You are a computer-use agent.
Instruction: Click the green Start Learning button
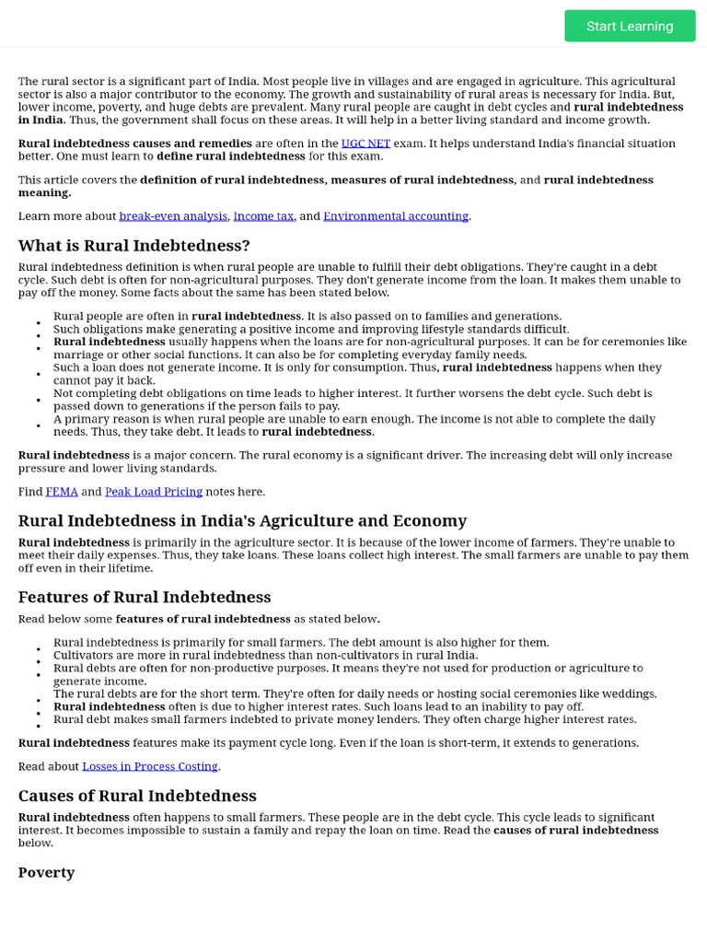(630, 26)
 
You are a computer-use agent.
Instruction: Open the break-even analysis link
(173, 215)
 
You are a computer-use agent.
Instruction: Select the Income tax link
(263, 215)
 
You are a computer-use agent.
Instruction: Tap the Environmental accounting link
(396, 215)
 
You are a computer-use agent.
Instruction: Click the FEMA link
(62, 492)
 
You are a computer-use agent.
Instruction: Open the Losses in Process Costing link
(150, 766)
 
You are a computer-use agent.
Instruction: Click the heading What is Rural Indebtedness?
(134, 246)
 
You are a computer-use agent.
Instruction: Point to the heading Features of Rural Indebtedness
(145, 597)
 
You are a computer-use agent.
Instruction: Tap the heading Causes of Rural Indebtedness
(137, 796)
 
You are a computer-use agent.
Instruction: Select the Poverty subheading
(46, 872)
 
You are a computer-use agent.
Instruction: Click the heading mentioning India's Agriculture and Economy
(242, 520)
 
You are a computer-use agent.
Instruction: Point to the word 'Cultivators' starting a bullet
(82, 656)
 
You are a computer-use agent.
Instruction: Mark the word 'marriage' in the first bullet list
(79, 355)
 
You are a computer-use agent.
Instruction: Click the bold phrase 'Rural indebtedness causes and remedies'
(135, 144)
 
